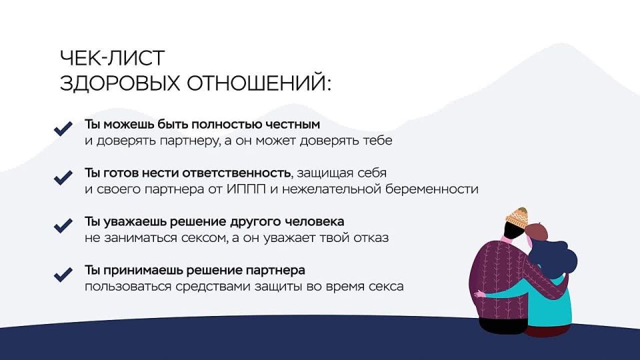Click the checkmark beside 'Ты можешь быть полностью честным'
tap(63, 129)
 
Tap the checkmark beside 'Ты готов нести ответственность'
tap(63, 177)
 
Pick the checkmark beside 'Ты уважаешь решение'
tap(63, 225)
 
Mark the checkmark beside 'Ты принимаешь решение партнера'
tap(63, 273)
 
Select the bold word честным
tap(293, 125)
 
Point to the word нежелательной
tap(331, 189)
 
